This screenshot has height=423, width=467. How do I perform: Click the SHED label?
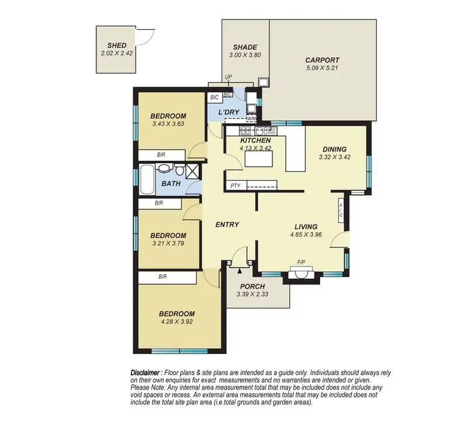click(x=117, y=45)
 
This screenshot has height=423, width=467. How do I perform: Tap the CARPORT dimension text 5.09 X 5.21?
click(x=322, y=69)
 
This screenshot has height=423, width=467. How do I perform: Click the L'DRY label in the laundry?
click(x=229, y=112)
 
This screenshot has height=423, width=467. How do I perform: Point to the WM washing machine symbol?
click(x=252, y=118)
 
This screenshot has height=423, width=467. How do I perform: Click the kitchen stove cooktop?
click(x=246, y=131)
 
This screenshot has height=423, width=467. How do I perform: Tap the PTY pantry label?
click(x=235, y=186)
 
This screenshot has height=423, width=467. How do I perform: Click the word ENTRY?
click(x=227, y=224)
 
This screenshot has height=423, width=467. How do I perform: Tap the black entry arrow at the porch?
click(x=239, y=271)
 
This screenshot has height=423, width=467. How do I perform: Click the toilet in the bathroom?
click(x=179, y=170)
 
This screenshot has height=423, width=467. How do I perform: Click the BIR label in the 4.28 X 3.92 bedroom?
click(x=163, y=276)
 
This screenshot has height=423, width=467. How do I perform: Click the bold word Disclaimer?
click(x=146, y=371)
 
